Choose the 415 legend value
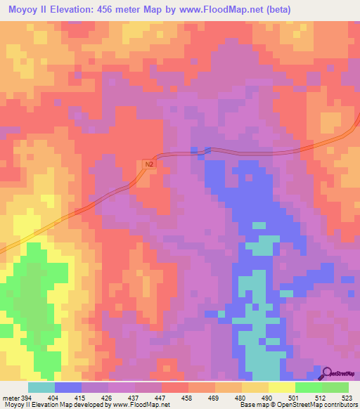click(x=88, y=397)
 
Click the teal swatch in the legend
click(x=41, y=387)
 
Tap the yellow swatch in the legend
click(x=281, y=387)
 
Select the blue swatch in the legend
click(x=68, y=387)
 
